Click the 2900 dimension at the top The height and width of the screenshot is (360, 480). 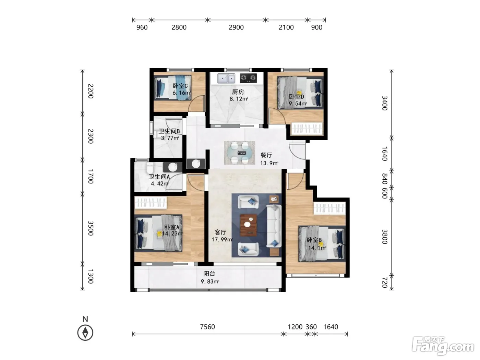coord(236,27)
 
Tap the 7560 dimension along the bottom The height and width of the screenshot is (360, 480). coord(207,327)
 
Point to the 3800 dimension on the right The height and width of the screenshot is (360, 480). coord(385,237)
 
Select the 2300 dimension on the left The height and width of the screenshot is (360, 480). coord(91,136)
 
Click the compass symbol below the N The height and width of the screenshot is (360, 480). coord(85,333)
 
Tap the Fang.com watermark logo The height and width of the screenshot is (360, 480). coord(443,346)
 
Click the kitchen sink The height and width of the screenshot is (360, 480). coord(226,78)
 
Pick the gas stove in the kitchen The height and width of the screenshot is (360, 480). coord(248,78)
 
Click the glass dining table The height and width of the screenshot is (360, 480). coord(239,153)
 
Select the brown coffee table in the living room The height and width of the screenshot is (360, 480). coord(248,225)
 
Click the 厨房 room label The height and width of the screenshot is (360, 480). coord(238,92)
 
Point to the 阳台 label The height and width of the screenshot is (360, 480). coord(209,274)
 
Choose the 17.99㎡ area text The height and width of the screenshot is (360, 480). coord(222,240)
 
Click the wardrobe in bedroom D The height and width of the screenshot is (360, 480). coord(307,129)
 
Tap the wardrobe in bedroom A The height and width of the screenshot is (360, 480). coord(151,202)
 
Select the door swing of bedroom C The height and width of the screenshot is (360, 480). coord(196,104)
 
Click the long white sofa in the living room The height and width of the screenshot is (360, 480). coord(274,226)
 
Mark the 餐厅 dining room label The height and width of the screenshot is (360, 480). coord(266,155)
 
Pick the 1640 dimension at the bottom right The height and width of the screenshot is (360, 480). coord(331,327)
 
